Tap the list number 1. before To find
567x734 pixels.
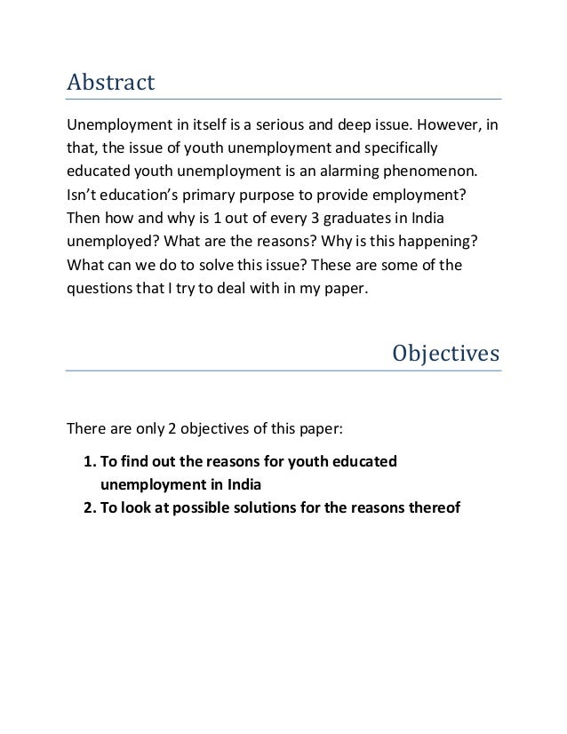coord(89,462)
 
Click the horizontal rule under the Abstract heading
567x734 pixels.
coord(284,99)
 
